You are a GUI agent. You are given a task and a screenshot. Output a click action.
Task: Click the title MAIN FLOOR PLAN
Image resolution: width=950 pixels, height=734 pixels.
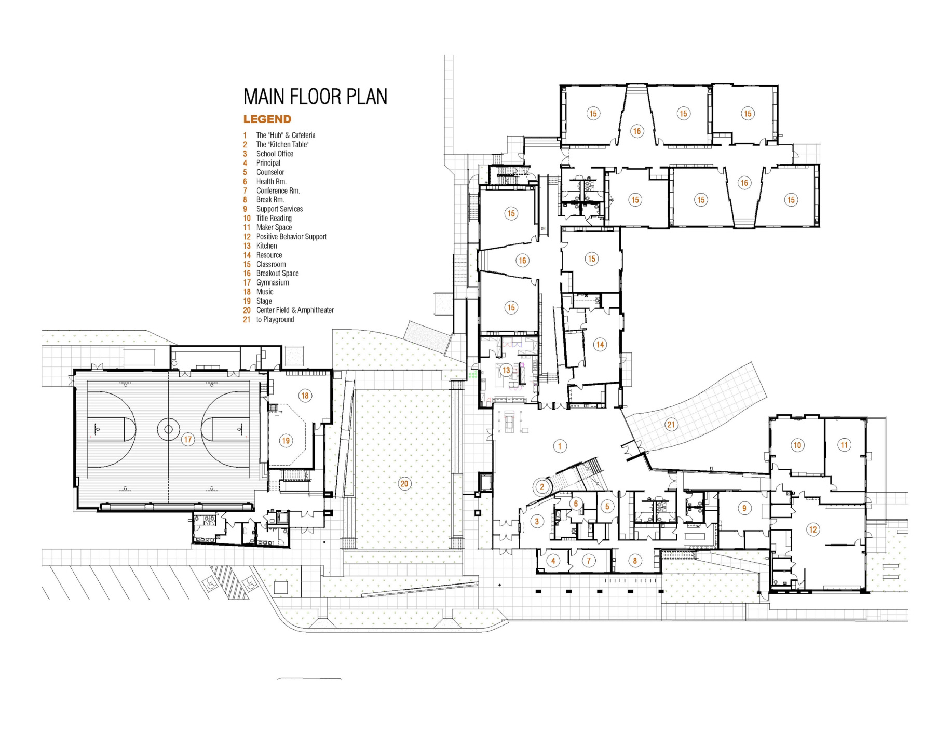tap(315, 97)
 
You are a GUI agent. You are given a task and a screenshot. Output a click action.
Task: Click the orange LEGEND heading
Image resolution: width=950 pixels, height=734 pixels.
tap(267, 119)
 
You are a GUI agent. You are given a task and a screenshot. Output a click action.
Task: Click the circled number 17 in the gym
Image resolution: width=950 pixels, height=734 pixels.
tap(187, 440)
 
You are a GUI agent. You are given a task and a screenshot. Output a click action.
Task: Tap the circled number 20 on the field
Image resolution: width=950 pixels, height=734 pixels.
tap(404, 484)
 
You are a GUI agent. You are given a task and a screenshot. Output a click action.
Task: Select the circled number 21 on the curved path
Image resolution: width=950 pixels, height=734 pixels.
tap(671, 425)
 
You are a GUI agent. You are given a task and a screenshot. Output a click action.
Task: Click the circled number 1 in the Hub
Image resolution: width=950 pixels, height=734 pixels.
tap(560, 446)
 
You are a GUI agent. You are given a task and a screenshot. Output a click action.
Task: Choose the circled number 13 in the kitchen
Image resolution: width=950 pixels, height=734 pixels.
tap(506, 370)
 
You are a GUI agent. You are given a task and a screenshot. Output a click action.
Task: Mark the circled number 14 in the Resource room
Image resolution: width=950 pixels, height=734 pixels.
tap(600, 344)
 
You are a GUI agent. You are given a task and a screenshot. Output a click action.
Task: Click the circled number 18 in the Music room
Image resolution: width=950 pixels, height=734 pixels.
tap(305, 396)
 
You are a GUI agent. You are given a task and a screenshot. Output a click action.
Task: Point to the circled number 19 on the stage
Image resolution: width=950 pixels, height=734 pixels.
tap(286, 441)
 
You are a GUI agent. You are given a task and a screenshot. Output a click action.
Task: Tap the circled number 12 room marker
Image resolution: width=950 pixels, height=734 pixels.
tap(812, 529)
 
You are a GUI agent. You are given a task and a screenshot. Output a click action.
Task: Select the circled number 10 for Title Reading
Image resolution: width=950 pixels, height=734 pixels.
tap(797, 445)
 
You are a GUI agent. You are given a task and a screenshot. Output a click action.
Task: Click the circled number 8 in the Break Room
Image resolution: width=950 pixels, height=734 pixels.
tap(634, 560)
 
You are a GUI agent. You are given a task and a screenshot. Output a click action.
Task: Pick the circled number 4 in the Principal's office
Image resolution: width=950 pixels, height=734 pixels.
tap(553, 560)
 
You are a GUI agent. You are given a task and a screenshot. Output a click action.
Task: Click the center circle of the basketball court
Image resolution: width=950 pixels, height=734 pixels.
tap(168, 429)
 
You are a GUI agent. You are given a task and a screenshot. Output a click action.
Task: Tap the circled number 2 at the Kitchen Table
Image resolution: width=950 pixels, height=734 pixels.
tap(542, 486)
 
